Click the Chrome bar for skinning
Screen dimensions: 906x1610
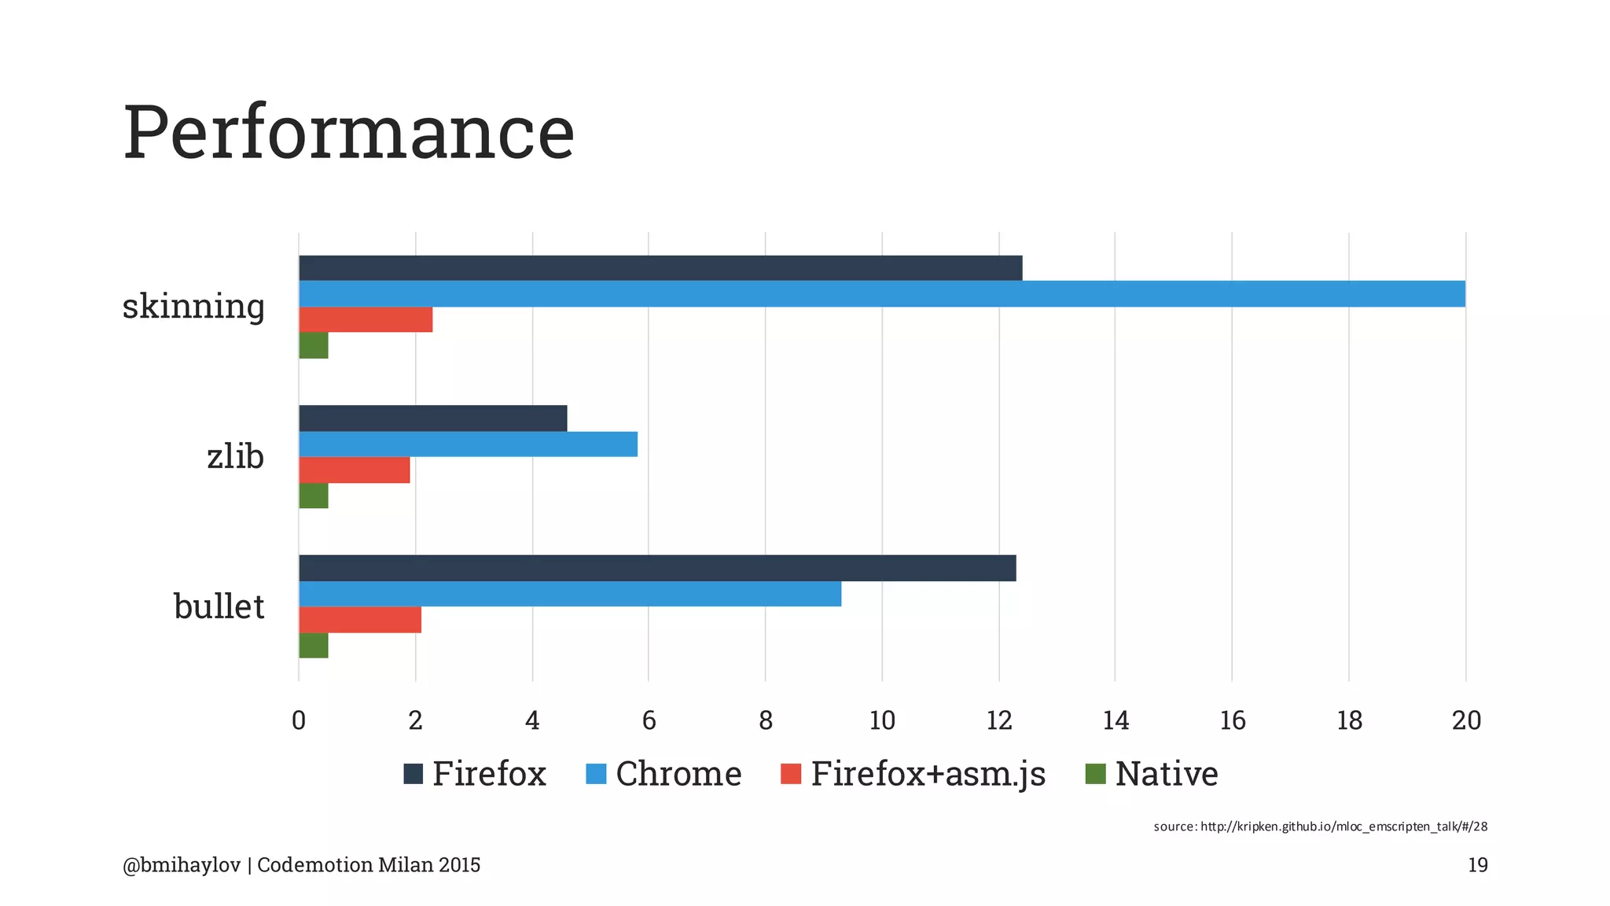881,293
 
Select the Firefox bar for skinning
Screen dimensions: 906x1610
660,268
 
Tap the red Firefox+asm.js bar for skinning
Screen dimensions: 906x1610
366,319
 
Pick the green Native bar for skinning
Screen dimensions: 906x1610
314,345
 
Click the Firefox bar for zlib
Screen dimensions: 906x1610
432,418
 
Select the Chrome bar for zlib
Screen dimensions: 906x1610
468,444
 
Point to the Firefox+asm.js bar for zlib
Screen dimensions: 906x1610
355,470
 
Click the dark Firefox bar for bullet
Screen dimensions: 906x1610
657,568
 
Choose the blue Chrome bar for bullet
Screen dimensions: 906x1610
570,594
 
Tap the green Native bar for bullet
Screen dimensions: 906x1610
314,646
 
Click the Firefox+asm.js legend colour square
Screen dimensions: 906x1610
791,774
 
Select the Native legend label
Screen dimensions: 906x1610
1167,774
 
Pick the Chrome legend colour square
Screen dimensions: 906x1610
597,774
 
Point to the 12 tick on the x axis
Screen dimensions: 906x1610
999,720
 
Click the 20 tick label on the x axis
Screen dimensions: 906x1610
1466,720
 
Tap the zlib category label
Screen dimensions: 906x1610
235,456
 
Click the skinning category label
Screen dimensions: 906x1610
193,306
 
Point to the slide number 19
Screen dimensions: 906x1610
1478,865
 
